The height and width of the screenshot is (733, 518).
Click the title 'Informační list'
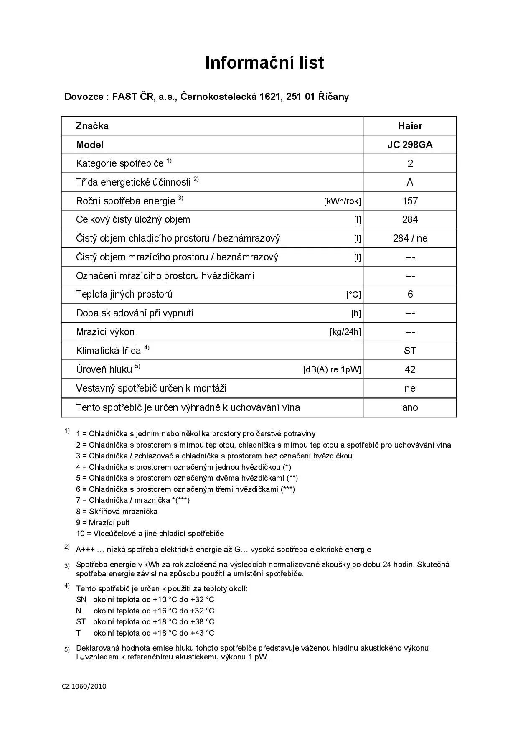[264, 63]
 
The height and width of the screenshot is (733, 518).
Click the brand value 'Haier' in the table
[410, 126]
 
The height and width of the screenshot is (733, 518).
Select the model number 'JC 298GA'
[410, 145]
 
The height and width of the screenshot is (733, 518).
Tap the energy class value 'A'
[410, 182]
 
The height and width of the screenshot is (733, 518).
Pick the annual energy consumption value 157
[410, 201]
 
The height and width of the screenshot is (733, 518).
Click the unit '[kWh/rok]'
[342, 201]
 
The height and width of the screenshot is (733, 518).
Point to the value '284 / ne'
[410, 238]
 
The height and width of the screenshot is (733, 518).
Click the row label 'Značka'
[92, 126]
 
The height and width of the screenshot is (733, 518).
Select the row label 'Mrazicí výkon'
[105, 332]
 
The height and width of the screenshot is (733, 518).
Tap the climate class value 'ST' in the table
[410, 351]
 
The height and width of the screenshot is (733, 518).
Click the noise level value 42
[410, 369]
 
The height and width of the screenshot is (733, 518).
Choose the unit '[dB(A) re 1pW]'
[332, 370]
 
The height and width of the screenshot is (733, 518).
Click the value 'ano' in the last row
[410, 407]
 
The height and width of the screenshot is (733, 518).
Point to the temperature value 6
[410, 294]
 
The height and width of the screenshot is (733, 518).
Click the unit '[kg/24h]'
[345, 332]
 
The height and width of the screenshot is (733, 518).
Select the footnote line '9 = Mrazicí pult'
[103, 522]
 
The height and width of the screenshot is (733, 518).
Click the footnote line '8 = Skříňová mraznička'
[117, 511]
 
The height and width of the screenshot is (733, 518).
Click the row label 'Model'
[89, 145]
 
